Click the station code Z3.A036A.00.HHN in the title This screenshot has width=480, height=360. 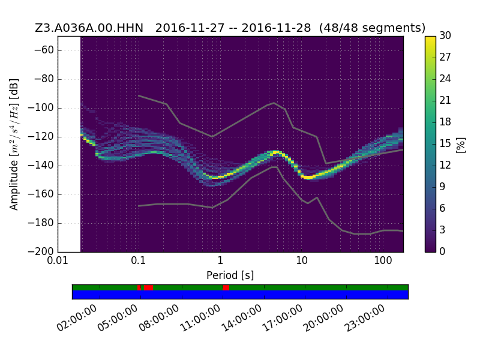(89, 28)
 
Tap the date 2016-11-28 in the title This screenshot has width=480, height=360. (276, 28)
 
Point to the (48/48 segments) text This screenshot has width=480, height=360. (372, 28)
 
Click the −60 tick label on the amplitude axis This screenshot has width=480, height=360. (44, 50)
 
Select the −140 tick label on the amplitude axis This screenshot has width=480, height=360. (40, 166)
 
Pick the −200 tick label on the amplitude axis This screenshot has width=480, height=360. (40, 251)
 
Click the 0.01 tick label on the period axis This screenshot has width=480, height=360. (58, 261)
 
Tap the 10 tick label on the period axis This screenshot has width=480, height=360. (302, 261)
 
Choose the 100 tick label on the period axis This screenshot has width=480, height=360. (383, 261)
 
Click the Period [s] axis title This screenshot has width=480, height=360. (230, 275)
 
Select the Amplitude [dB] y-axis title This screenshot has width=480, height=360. (14, 145)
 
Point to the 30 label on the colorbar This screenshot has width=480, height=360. (445, 35)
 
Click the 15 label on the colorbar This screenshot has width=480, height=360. (445, 143)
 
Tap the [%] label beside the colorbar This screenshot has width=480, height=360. (461, 145)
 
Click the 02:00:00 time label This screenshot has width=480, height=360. (77, 318)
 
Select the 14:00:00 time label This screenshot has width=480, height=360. (241, 318)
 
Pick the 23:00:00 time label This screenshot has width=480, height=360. (365, 318)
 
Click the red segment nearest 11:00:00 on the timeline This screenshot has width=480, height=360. (226, 287)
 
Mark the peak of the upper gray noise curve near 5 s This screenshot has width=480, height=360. (274, 103)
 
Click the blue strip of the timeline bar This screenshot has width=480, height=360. (241, 295)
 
